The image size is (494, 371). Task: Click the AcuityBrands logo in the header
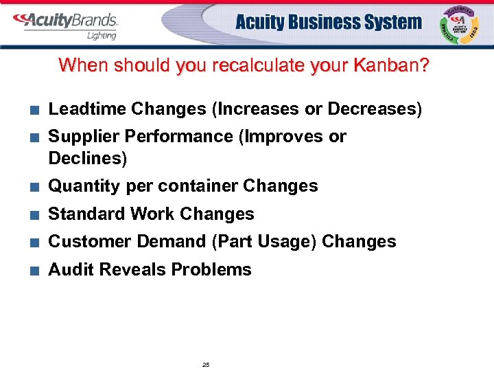[65, 21]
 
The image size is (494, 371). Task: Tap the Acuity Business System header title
[329, 22]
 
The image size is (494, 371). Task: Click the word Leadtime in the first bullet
[87, 109]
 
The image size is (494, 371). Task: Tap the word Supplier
[80, 137]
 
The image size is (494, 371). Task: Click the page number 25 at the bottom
[206, 364]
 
